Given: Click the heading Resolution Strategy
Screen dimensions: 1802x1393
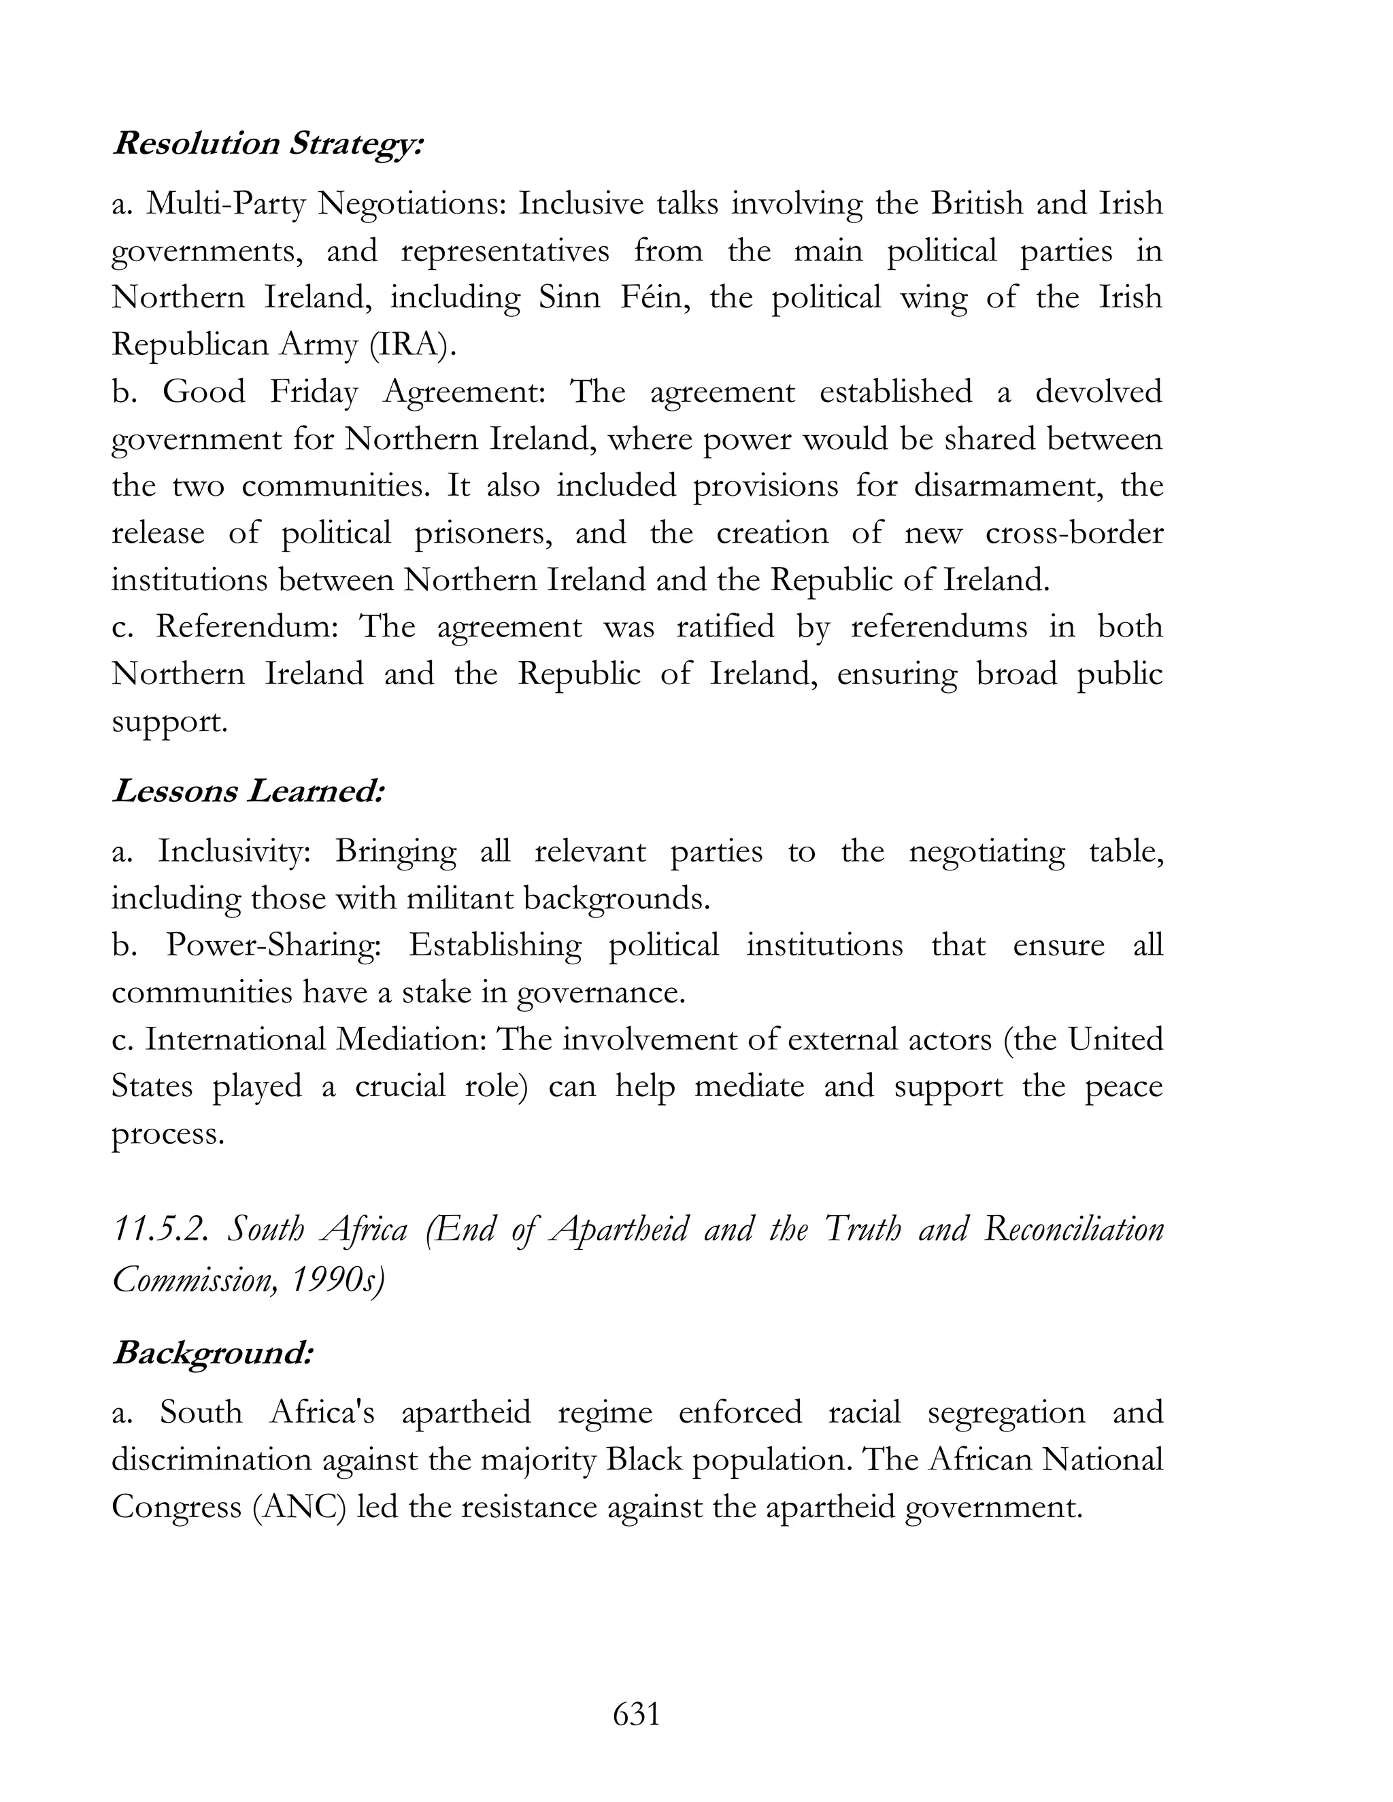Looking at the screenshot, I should click(268, 143).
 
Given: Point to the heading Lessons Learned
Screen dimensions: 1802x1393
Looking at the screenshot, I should click(249, 792).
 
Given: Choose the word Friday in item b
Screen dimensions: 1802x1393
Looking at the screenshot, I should click(314, 392).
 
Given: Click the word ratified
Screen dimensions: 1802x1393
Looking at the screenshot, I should click(724, 627).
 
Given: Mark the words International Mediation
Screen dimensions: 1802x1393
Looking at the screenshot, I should click(316, 1039).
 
